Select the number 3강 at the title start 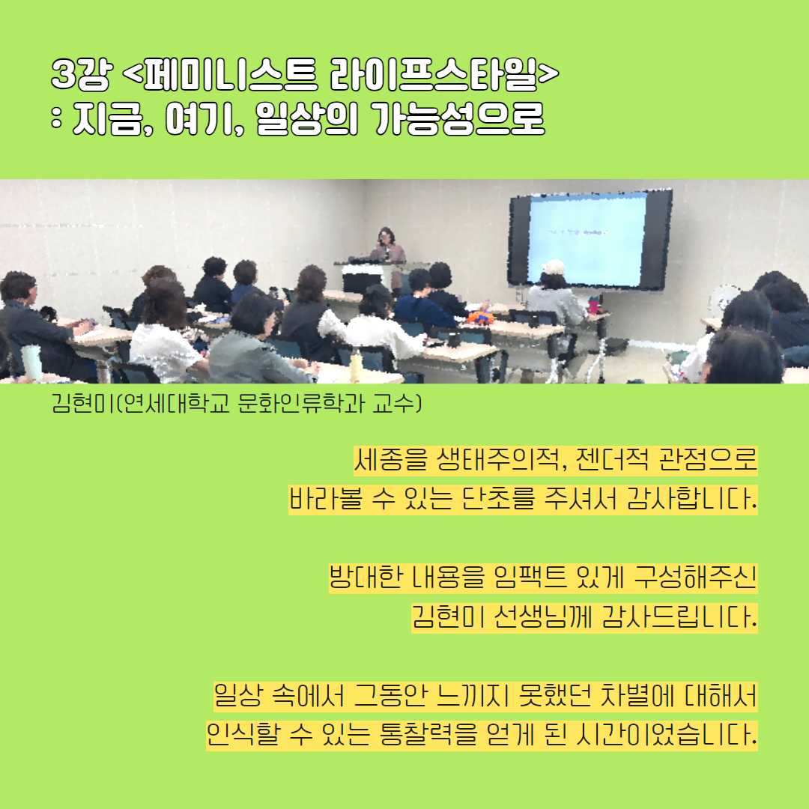coord(82,75)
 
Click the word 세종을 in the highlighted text coord(391,460)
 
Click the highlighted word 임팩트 coord(530,578)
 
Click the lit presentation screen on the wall coord(587,240)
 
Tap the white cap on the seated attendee coord(554,267)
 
